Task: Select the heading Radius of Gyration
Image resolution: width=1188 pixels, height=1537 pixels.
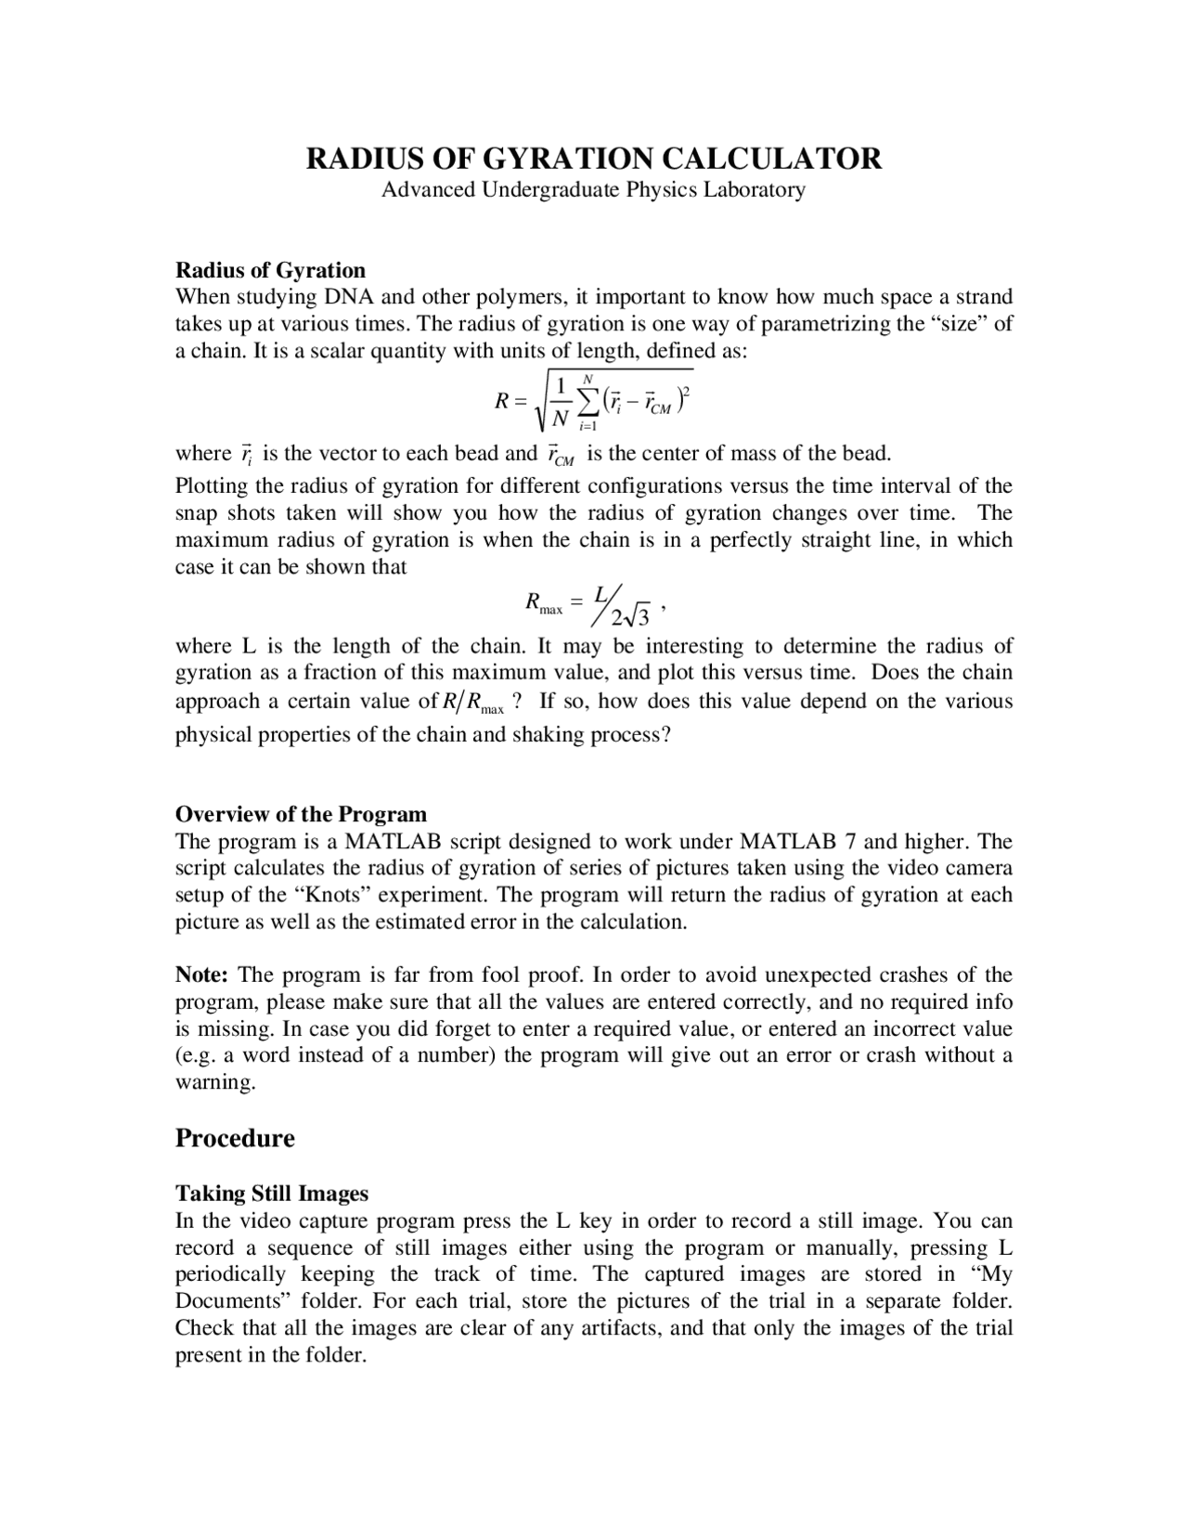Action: [270, 270]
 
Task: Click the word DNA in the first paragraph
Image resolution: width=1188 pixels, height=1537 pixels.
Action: [345, 297]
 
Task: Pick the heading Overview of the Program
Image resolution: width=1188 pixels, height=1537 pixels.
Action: [301, 814]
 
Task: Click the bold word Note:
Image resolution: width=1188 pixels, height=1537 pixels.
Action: [201, 975]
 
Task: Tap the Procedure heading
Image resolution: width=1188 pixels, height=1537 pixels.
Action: [235, 1138]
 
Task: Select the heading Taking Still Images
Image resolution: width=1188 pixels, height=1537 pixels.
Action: [272, 1193]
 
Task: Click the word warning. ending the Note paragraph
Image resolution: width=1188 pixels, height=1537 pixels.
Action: [215, 1082]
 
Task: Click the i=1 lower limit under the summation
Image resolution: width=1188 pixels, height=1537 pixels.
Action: [588, 425]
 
